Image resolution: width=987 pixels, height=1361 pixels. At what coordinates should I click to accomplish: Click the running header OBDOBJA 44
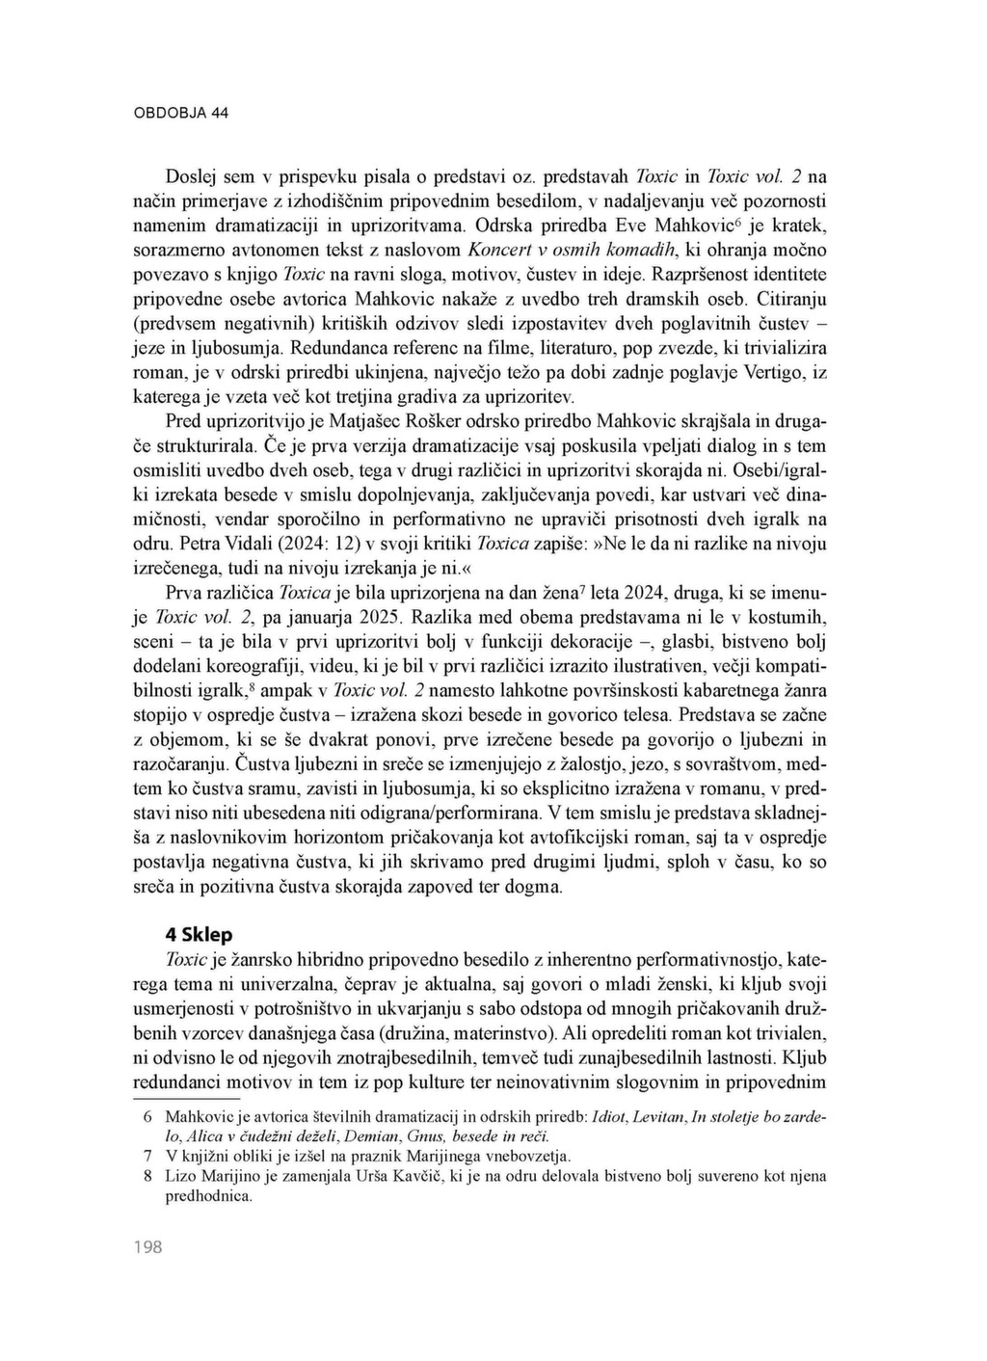pos(180,113)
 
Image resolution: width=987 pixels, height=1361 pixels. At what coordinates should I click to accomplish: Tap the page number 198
pos(147,1247)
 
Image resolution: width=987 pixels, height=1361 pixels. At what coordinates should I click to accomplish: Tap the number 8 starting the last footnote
pos(147,1176)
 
